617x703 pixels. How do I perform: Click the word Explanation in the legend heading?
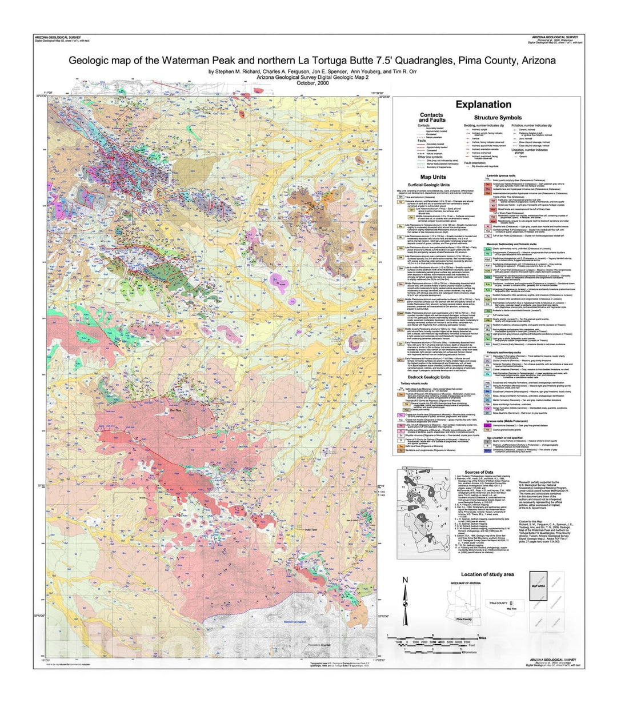pos(483,105)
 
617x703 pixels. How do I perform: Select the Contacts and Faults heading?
pos(431,117)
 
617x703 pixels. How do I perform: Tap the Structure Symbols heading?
pos(498,118)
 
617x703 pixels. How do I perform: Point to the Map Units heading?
pos(433,177)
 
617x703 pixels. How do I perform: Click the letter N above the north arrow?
pos(405,580)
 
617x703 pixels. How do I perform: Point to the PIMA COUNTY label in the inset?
pos(498,603)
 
